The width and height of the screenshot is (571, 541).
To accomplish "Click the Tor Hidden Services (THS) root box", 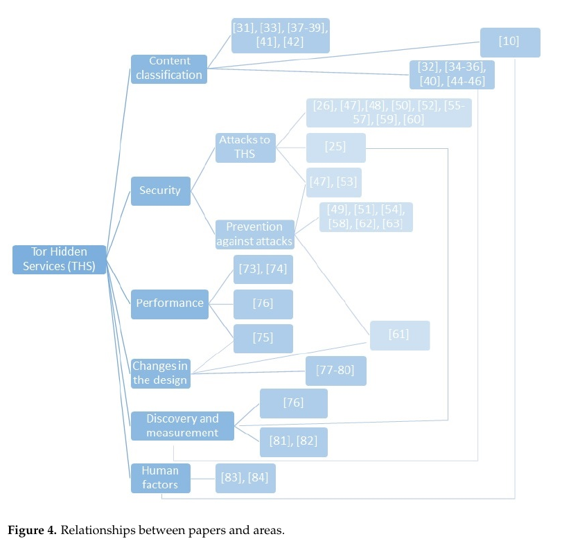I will coord(60,260).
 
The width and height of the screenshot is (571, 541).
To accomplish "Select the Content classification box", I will coord(169,69).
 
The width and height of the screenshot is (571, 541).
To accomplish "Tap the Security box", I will coord(160,190).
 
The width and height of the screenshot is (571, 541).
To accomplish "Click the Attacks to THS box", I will coord(245,148).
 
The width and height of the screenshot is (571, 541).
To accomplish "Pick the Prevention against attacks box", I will coord(254,234).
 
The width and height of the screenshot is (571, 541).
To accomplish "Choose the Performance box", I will coord(170,303).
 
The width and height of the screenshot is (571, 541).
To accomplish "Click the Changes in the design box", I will coord(160,373).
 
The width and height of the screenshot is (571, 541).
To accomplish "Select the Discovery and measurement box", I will coord(182,425).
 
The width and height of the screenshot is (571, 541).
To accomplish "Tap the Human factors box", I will coord(160,478).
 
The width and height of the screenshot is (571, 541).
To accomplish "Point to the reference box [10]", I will coord(509,42).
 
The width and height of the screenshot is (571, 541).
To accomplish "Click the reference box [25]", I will coord(335,148).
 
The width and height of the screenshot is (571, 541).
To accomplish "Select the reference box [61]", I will coord(399,335).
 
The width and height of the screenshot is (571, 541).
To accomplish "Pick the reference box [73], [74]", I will coord(263,269).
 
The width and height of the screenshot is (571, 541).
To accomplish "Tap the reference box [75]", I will coord(263,338).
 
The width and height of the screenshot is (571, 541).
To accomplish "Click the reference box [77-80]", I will coord(335,371).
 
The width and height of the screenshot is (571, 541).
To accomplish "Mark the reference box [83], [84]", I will coord(245,478).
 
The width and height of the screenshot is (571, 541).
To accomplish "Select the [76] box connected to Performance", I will coord(263,304).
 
